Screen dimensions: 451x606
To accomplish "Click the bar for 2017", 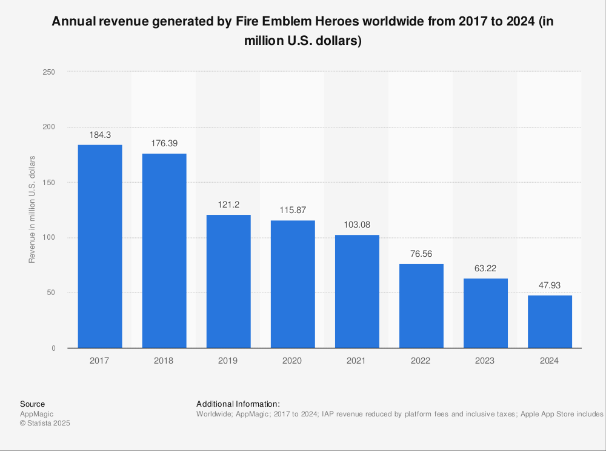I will click(99, 246).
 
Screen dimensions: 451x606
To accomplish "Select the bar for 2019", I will click(228, 281).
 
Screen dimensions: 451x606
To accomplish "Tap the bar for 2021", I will click(356, 291).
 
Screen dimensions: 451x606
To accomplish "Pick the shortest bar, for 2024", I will click(550, 321).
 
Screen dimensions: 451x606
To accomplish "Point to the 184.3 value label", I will click(99, 135).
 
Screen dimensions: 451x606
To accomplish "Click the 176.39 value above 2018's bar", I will click(164, 144).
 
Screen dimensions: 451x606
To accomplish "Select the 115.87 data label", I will click(293, 211).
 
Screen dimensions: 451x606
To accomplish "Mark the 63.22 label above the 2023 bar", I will click(485, 269).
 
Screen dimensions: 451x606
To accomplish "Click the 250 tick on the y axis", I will click(49, 72).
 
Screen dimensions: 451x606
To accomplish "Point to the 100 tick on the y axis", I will click(49, 238).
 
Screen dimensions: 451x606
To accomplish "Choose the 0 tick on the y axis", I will click(53, 348).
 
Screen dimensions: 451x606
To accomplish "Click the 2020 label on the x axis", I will click(293, 361).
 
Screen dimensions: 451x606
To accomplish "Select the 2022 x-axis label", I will click(421, 361).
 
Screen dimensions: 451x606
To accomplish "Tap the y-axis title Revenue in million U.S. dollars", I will click(32, 209).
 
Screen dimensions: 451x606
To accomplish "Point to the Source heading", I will click(32, 404).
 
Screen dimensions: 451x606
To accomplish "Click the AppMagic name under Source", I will click(36, 414).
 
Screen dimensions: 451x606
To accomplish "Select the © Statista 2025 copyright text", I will click(45, 424).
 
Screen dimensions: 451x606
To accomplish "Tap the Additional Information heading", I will click(238, 404).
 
